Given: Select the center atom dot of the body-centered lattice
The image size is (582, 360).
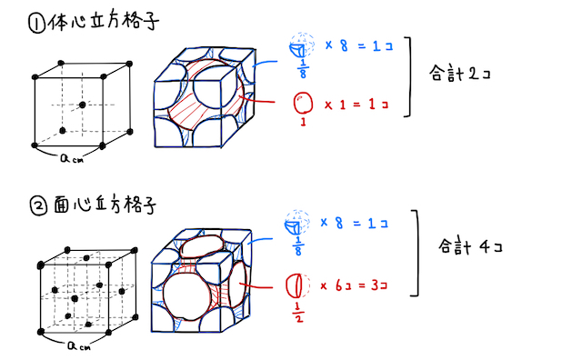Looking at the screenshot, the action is (x=83, y=105).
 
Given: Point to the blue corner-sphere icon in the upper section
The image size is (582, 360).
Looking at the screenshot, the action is (x=296, y=47).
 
